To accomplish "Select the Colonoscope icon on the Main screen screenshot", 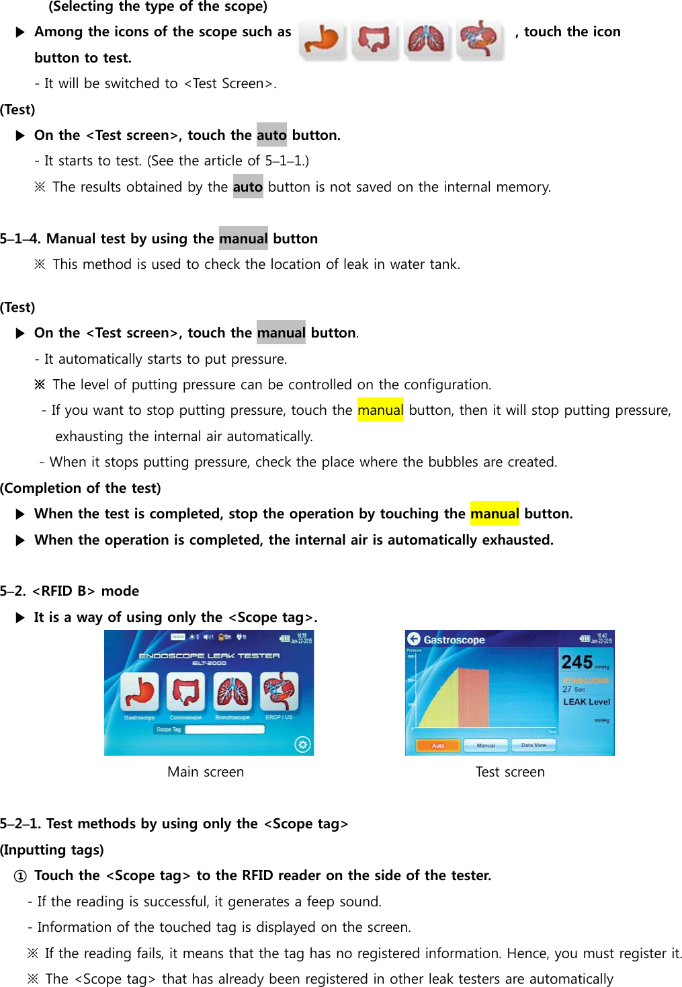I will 186,692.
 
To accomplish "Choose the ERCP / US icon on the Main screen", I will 279,692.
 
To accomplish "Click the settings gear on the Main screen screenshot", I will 302,744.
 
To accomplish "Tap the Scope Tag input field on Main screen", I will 224,729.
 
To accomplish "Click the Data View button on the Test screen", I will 534,745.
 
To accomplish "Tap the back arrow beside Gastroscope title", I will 414,639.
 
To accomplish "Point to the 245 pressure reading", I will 577,662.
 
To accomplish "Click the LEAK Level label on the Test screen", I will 586,701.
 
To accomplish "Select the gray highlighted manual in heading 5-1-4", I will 243,239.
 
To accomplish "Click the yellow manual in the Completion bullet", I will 495,514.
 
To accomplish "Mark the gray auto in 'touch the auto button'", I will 271,135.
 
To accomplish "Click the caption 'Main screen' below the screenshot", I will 206,772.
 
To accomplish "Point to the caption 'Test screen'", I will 510,772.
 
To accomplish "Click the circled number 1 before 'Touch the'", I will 20,876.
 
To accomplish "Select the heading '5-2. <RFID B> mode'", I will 70,591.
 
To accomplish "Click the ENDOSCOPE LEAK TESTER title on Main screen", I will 209,656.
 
